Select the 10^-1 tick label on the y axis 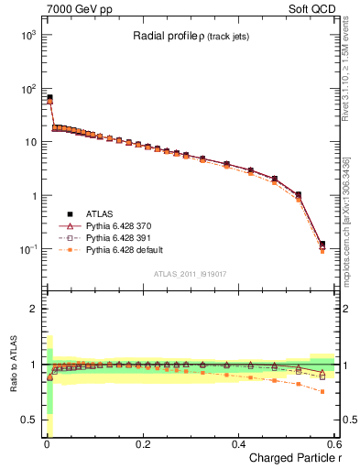click(27, 249)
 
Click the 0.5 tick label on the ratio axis click(28, 420)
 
